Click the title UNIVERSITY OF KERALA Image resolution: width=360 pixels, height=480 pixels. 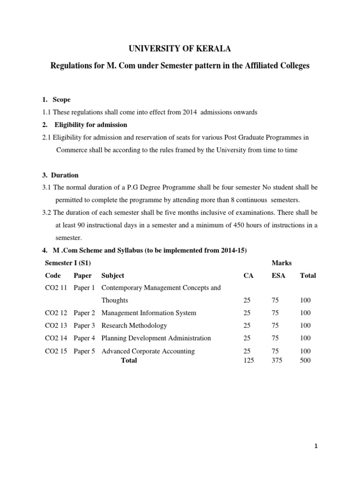(x=180, y=48)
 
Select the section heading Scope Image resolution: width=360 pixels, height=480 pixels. (x=61, y=100)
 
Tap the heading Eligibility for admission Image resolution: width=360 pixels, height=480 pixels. (x=90, y=125)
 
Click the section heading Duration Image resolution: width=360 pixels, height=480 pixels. (x=65, y=175)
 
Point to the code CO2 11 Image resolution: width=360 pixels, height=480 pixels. (x=56, y=287)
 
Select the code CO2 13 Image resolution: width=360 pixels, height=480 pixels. (x=56, y=325)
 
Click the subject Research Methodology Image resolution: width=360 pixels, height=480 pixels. (x=134, y=325)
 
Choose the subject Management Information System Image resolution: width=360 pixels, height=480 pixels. (x=149, y=313)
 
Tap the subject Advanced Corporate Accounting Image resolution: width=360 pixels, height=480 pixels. (x=148, y=351)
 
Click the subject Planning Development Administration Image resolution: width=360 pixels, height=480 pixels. (x=156, y=338)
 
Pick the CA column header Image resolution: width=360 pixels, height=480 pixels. (x=248, y=276)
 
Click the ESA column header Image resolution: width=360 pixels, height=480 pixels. (x=278, y=276)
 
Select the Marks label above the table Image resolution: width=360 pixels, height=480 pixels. (x=282, y=263)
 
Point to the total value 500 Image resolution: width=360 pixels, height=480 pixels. (x=305, y=360)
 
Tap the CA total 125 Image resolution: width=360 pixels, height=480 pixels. (x=249, y=360)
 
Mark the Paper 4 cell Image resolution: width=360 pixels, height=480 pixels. (x=84, y=338)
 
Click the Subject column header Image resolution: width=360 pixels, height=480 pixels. (x=112, y=276)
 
